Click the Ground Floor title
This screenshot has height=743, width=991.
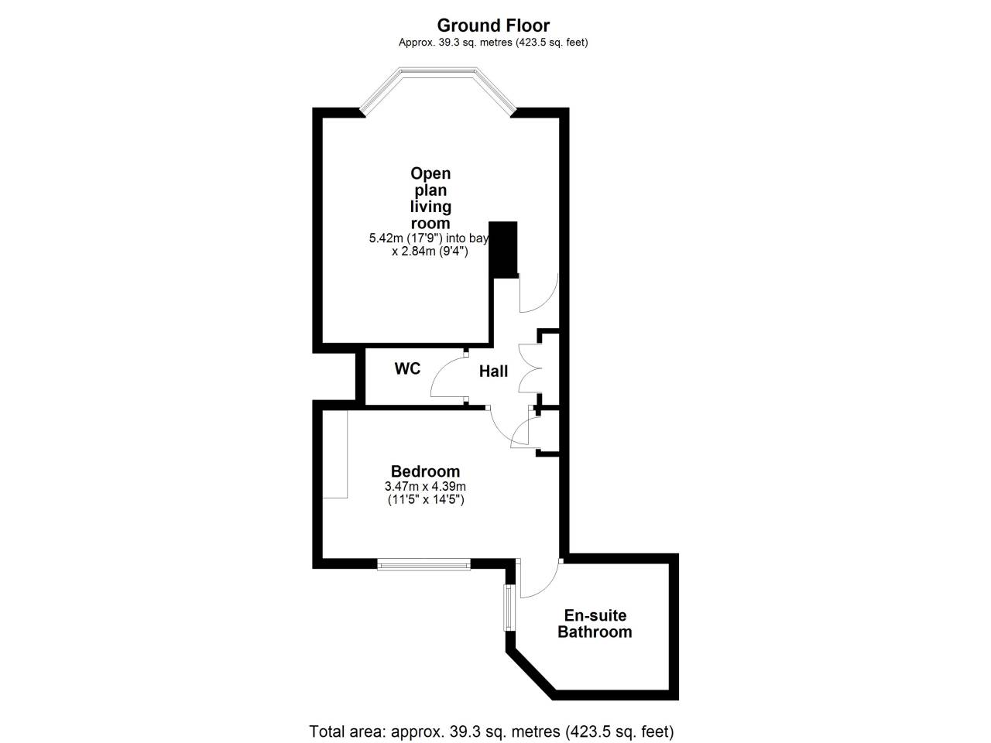tap(493, 26)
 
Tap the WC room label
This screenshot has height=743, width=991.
tap(407, 368)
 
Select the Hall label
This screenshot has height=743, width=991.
tap(493, 371)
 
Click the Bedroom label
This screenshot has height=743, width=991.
tap(425, 471)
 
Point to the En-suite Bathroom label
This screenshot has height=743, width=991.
tap(595, 624)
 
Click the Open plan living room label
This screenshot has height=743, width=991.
tap(430, 198)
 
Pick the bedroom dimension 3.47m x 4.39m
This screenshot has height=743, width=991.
tap(425, 486)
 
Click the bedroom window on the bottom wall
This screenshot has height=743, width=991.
tap(423, 564)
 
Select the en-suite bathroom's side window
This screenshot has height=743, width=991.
tap(509, 608)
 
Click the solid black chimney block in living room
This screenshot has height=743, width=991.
tap(503, 249)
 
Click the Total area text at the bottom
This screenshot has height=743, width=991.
tap(491, 731)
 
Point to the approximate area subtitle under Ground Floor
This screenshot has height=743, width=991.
tap(493, 43)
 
